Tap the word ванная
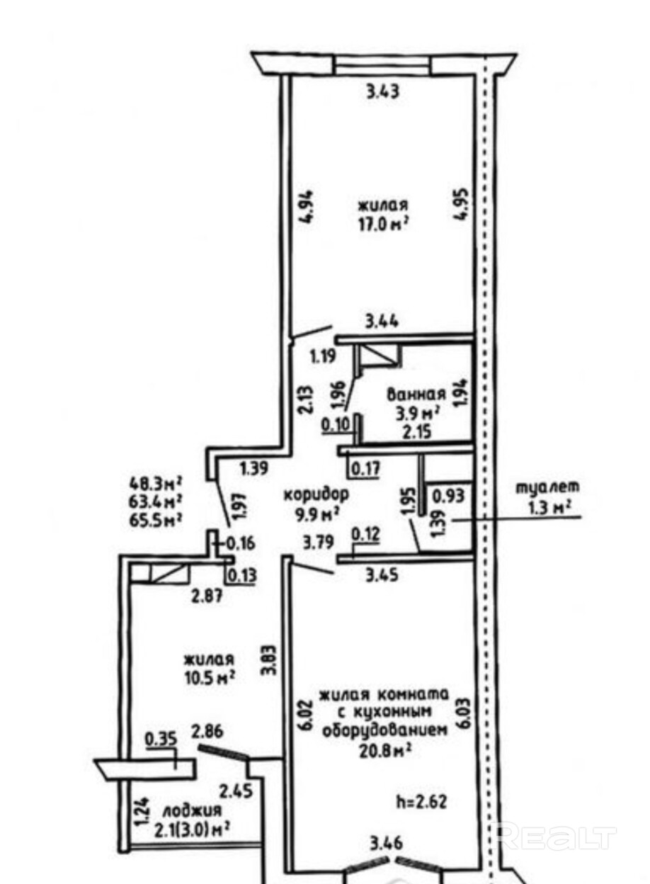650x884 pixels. coord(416,394)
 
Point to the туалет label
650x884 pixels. coord(547,487)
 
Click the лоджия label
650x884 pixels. coord(192,810)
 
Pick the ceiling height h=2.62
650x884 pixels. coord(423,803)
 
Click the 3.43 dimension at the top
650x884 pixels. coord(384,91)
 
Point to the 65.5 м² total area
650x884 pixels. coord(155,518)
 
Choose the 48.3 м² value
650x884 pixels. coord(155,485)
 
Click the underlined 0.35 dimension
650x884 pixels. coord(160,741)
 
